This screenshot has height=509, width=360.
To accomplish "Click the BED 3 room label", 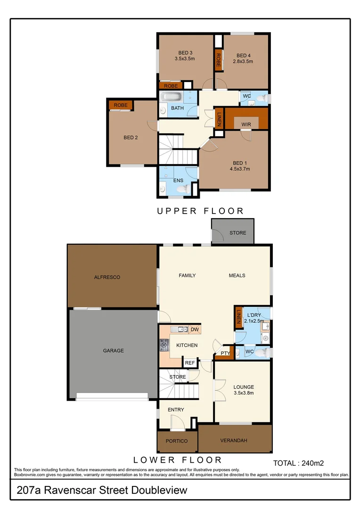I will [x=185, y=52].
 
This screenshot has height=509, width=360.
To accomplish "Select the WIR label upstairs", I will [x=246, y=124].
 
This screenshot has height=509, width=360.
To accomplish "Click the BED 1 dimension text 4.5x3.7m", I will [x=239, y=169].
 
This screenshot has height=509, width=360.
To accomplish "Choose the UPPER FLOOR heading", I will [x=200, y=211].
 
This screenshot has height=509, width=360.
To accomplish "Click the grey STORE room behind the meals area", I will [x=237, y=232].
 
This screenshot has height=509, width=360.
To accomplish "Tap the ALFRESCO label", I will [x=107, y=277].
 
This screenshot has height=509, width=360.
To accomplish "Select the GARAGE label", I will [x=114, y=350].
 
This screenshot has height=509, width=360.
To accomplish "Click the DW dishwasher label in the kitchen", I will [x=195, y=329].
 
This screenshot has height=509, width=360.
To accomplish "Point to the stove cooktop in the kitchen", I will [x=164, y=345].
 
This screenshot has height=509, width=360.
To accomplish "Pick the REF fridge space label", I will [x=190, y=363].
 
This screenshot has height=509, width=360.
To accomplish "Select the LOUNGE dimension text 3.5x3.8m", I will [x=244, y=393].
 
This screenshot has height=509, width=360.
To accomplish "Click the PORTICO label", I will [x=177, y=441].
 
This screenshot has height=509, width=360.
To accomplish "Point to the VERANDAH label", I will [x=234, y=441].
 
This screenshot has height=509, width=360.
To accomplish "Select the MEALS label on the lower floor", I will [x=237, y=275].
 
